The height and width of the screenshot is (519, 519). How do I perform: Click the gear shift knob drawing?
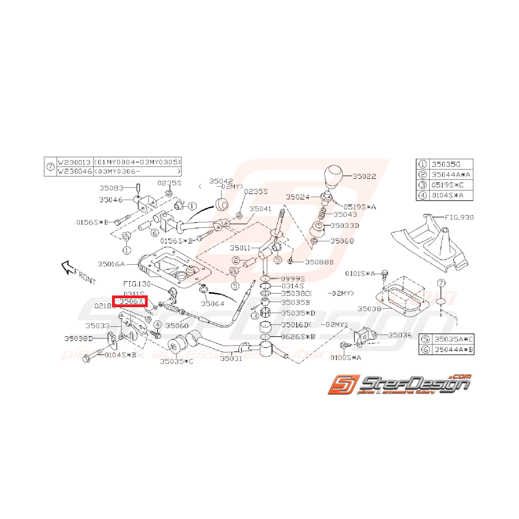point(337,176)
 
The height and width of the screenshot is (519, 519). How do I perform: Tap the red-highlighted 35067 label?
point(133,302)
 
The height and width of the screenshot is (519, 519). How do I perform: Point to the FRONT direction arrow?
point(73,271)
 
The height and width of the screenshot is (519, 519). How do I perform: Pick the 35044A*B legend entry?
point(453,350)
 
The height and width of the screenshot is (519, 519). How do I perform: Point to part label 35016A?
point(111,264)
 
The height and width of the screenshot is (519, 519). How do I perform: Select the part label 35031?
point(231,359)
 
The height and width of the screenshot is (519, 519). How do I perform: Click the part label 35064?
point(212,304)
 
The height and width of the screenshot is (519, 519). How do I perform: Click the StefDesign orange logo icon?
point(340,384)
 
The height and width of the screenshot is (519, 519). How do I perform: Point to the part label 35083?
point(113,188)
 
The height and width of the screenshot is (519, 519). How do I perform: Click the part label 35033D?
point(345,226)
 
